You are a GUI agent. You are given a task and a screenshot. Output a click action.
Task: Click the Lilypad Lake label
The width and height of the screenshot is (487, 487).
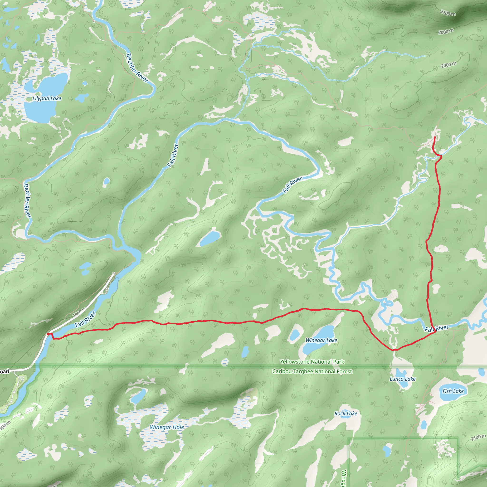pyautogui.click(x=47, y=98)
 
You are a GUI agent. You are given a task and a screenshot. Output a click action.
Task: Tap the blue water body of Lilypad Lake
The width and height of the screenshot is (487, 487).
pyautogui.click(x=40, y=111)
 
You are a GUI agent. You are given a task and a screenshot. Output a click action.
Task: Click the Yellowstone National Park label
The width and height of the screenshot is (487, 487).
pyautogui.click(x=312, y=362)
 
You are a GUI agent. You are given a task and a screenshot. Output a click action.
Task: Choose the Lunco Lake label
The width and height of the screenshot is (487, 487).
pyautogui.click(x=403, y=379)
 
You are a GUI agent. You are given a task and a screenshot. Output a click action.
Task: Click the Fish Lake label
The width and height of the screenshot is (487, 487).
pyautogui.click(x=453, y=391)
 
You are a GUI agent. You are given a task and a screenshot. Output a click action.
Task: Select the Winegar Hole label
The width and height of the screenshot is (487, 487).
pyautogui.click(x=167, y=427)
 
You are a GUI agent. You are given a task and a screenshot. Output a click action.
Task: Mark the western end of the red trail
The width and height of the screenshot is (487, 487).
pyautogui.click(x=48, y=334)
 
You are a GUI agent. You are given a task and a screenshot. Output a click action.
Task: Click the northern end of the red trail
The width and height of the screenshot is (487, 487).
pyautogui.click(x=435, y=137)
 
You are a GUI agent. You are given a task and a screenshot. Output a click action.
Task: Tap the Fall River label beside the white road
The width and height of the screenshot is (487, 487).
pyautogui.click(x=85, y=320)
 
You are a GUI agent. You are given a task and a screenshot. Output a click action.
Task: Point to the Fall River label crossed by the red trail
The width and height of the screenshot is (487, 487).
pyautogui.click(x=437, y=328)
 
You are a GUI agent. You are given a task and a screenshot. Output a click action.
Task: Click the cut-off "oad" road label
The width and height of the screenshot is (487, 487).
pyautogui.click(x=4, y=371)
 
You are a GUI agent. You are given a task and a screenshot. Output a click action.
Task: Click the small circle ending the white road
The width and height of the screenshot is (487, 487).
pyautogui.click(x=114, y=273)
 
